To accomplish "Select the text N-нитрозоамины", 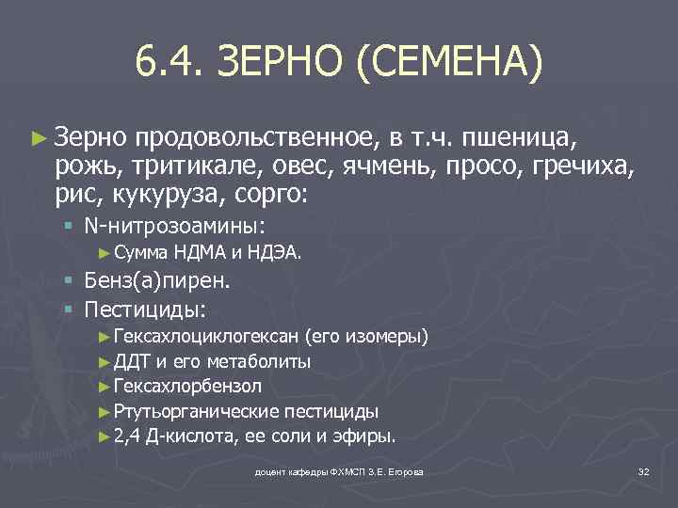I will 173,227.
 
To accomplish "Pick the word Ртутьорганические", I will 195,411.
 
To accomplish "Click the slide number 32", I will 643,470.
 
